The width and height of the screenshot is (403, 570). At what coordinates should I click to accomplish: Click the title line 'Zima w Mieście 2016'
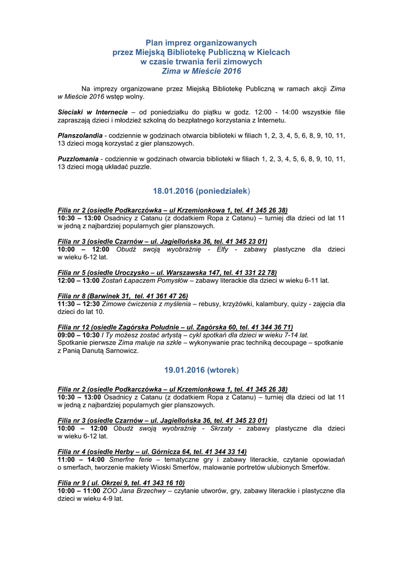(x=201, y=72)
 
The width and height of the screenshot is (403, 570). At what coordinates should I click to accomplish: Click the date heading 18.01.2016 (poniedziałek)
(x=201, y=191)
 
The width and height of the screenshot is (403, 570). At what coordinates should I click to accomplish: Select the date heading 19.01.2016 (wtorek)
(x=201, y=370)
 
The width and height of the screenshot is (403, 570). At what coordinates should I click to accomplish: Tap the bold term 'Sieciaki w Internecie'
(x=93, y=112)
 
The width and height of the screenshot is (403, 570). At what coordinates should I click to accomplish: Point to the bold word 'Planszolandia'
(x=80, y=136)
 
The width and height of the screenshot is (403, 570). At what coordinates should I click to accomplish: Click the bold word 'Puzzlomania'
(x=78, y=159)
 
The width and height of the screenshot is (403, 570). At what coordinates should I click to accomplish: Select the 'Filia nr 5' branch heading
(x=167, y=273)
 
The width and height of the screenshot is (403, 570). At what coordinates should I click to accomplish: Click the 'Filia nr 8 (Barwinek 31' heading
(x=123, y=296)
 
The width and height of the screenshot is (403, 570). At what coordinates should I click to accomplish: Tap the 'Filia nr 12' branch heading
(x=175, y=327)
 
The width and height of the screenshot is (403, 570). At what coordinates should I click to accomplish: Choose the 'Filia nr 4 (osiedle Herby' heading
(x=152, y=451)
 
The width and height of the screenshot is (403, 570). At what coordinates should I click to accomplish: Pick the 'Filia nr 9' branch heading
(x=121, y=483)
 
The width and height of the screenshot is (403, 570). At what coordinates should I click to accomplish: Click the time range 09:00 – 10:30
(x=78, y=335)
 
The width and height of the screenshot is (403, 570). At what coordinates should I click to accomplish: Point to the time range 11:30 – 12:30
(x=78, y=304)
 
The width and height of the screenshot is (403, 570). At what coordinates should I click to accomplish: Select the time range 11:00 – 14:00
(x=81, y=459)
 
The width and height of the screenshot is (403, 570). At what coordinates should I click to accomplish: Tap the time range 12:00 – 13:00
(x=78, y=281)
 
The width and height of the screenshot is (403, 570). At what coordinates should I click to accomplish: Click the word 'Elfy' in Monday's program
(x=222, y=249)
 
